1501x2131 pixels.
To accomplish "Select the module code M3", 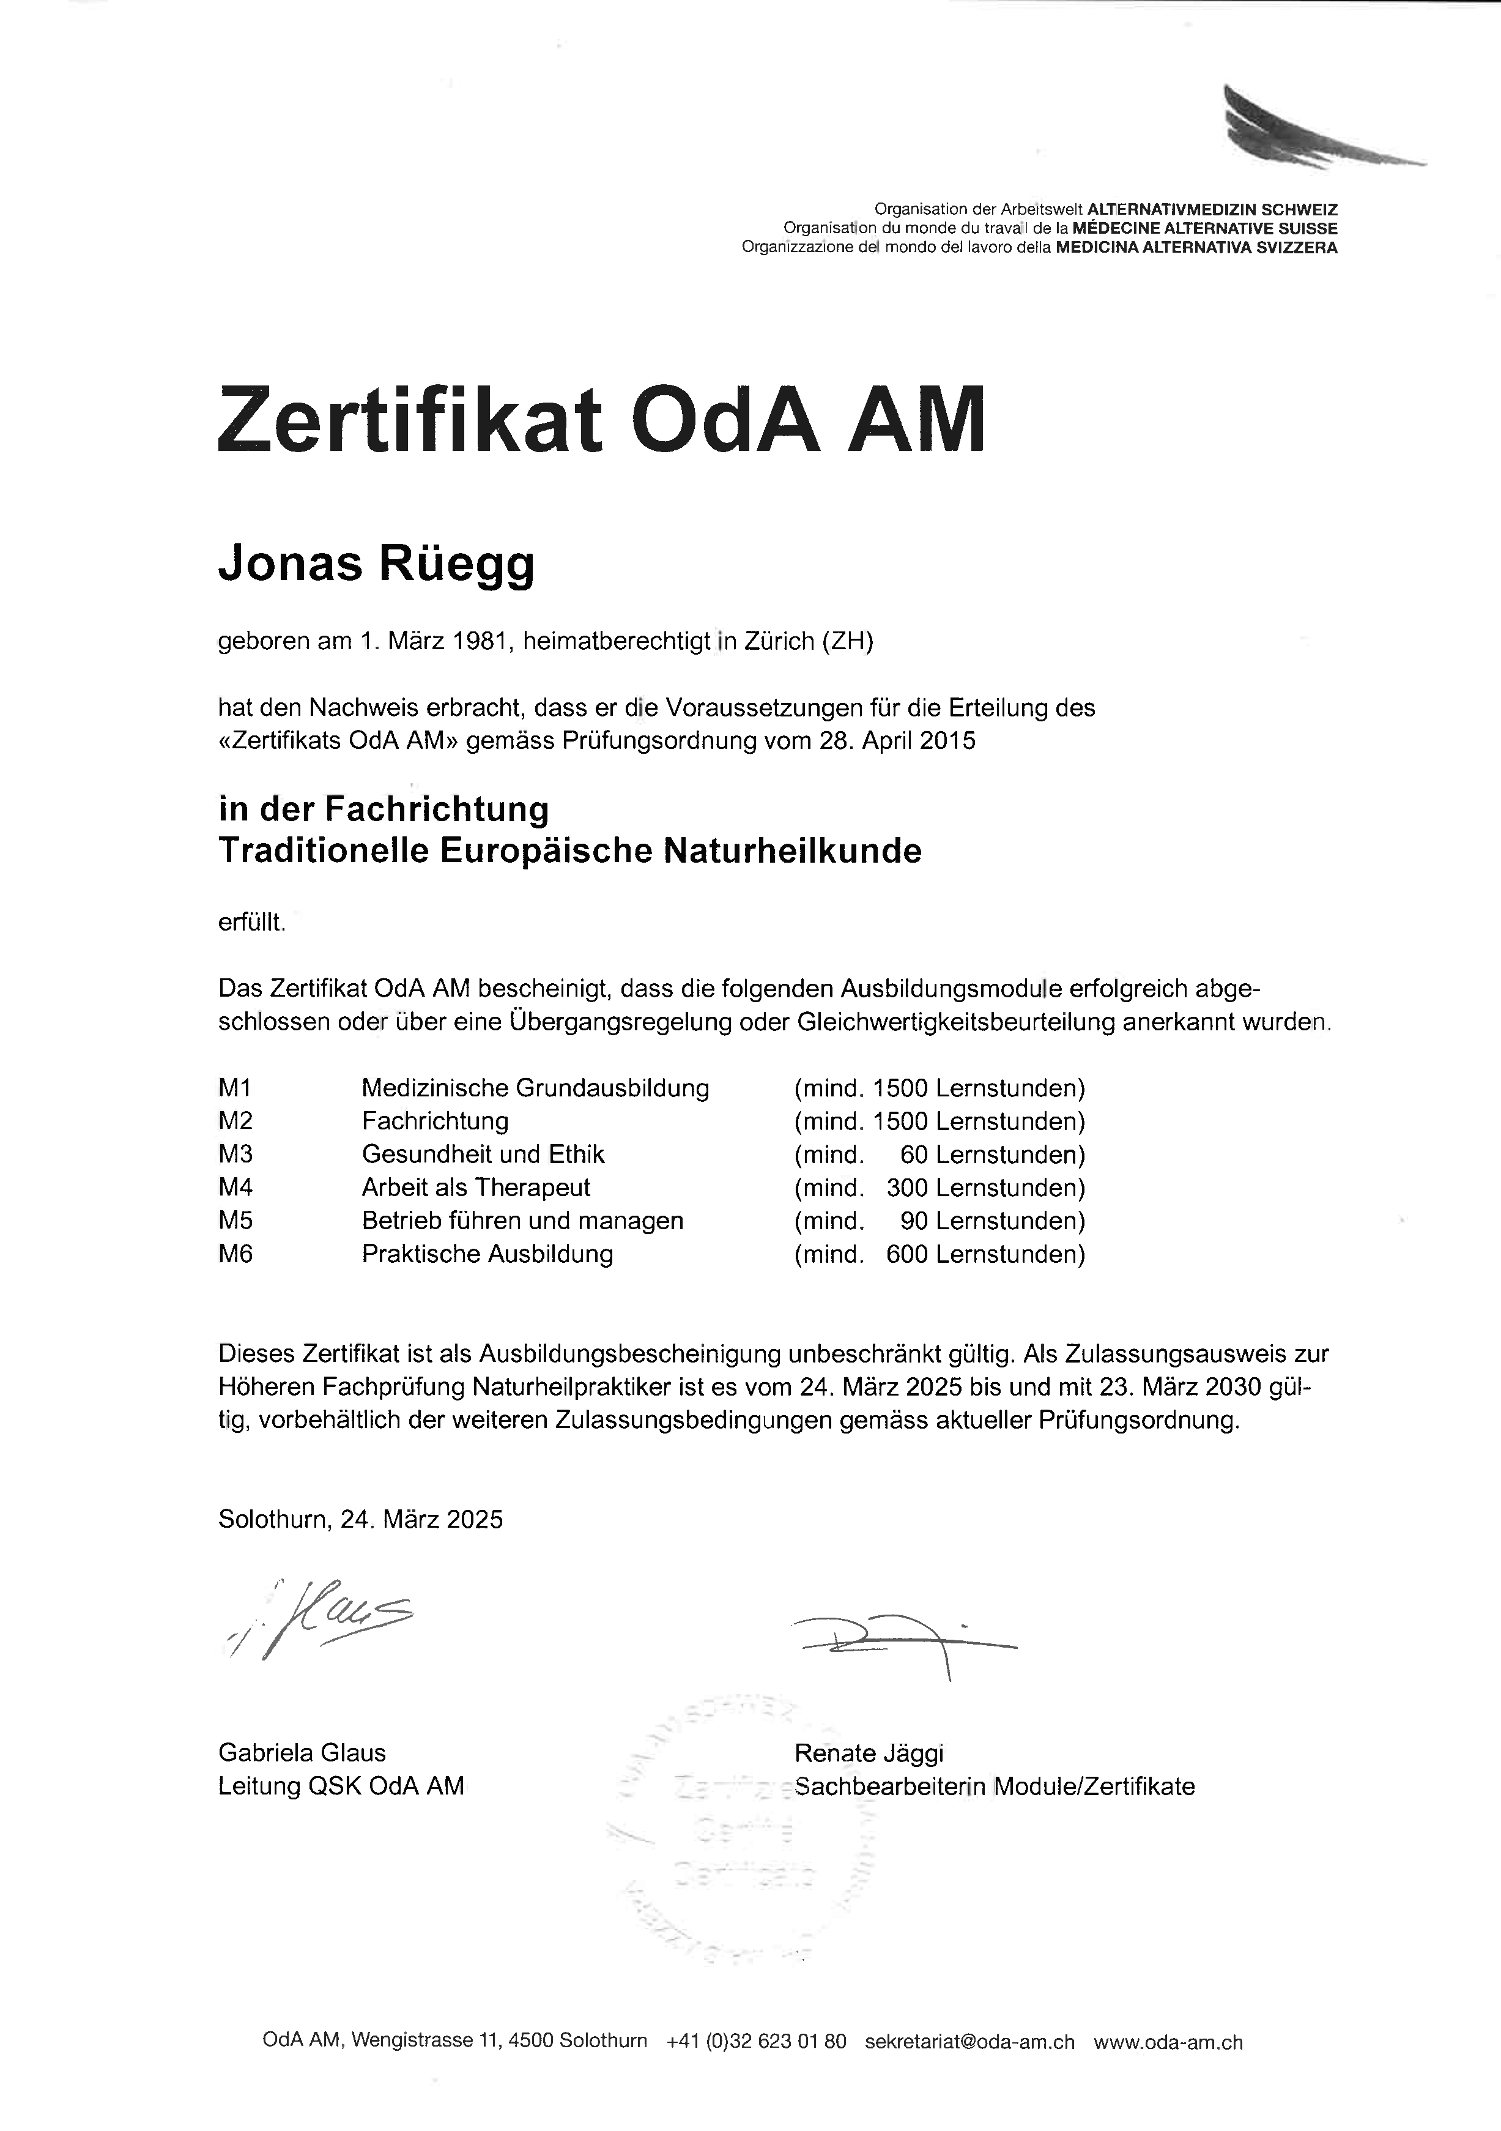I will (x=235, y=1155).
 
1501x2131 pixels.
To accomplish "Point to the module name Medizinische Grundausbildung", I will (x=535, y=1088).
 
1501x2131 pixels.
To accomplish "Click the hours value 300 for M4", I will (x=907, y=1188).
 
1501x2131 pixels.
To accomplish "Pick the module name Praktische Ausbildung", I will (x=487, y=1255).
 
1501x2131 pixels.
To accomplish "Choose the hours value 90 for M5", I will (x=914, y=1221).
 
